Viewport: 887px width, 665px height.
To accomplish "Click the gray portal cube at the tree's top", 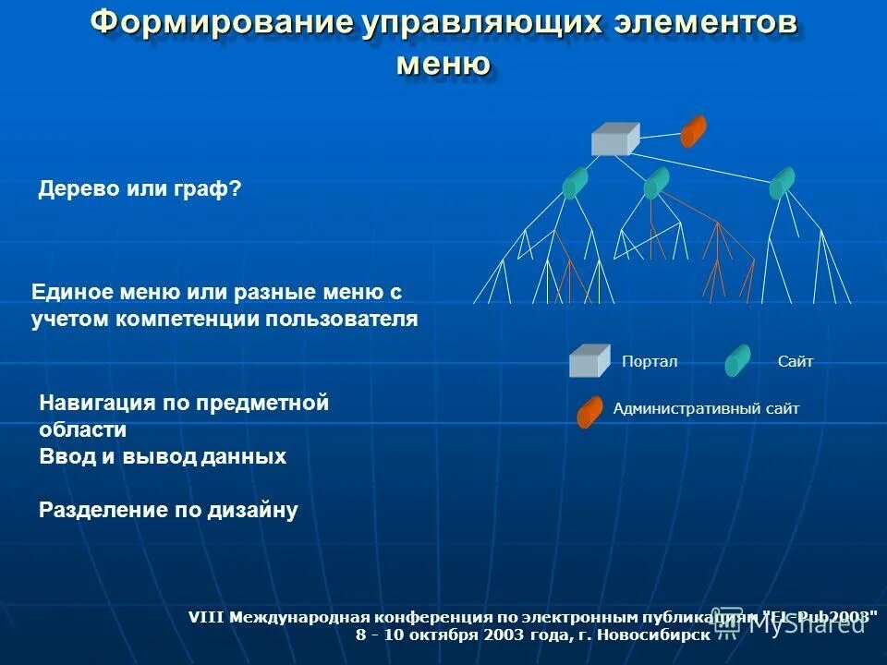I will point(614,139).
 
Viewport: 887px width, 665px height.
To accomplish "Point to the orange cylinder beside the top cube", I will point(693,131).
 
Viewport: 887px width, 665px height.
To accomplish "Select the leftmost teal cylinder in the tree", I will point(575,184).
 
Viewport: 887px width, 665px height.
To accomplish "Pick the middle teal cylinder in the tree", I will point(656,184).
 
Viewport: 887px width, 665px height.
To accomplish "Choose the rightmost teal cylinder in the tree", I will point(783,183).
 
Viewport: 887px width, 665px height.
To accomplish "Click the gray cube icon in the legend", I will point(589,360).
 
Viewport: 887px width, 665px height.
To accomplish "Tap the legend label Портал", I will point(650,362).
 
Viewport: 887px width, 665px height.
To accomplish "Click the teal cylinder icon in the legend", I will point(737,360).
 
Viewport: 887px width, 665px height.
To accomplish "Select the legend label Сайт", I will point(796,362).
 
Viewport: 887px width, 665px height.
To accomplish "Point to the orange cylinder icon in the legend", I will point(589,412).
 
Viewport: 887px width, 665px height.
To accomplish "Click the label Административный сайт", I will point(706,408).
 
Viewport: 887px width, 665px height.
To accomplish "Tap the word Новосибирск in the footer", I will point(654,635).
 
